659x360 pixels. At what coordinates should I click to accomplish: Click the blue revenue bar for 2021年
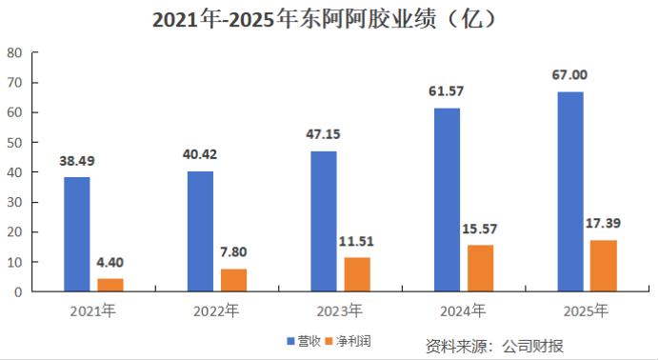pyautogui.click(x=77, y=234)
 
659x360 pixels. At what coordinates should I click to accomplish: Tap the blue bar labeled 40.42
pyautogui.click(x=200, y=231)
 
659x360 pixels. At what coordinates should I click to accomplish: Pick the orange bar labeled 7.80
pyautogui.click(x=233, y=280)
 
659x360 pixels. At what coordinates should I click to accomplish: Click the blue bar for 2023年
pyautogui.click(x=324, y=221)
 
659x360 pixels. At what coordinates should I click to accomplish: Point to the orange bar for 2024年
pyautogui.click(x=480, y=268)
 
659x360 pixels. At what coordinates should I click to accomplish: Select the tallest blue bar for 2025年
pyautogui.click(x=570, y=191)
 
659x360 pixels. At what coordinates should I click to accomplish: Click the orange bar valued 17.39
pyautogui.click(x=603, y=266)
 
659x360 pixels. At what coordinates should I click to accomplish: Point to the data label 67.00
pyautogui.click(x=570, y=74)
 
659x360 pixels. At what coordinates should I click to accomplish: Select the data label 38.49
pyautogui.click(x=77, y=161)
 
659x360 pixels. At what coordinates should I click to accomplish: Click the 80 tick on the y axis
pyautogui.click(x=15, y=53)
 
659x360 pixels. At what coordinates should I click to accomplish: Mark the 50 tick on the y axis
pyautogui.click(x=15, y=143)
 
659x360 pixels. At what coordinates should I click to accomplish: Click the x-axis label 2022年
pyautogui.click(x=216, y=310)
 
